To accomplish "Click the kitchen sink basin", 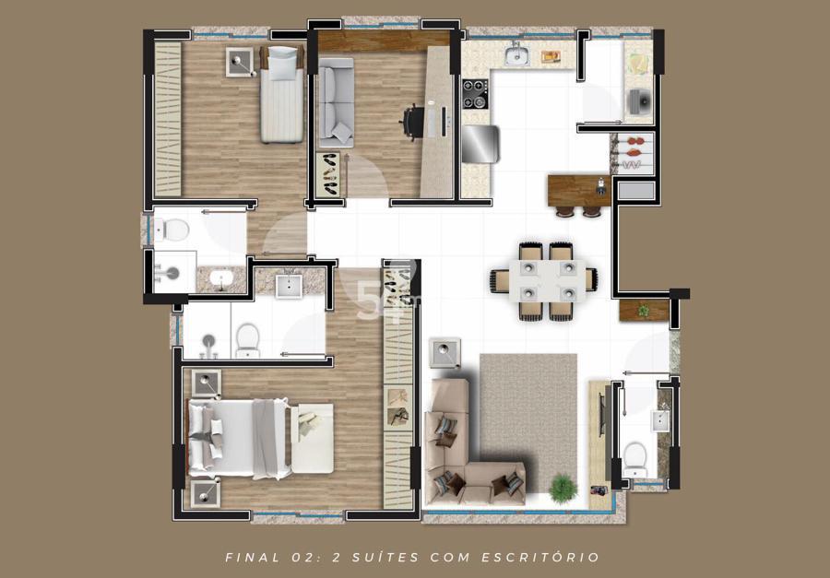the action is point(516,55).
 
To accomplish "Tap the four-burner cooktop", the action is point(475,94).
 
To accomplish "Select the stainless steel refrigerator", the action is point(480,144).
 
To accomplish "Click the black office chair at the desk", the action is point(412,123).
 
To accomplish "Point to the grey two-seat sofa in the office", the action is point(336,102).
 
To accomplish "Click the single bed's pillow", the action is point(283,55).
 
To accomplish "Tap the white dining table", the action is point(547,280).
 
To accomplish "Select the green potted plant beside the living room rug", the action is point(563,488).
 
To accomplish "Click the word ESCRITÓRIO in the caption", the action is point(540,558).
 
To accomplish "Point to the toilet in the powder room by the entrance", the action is point(634,458).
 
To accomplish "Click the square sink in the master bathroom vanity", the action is point(289,287).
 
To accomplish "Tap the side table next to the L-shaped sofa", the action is point(445,353).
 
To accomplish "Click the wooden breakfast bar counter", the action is point(579,191).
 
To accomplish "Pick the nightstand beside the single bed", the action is point(239,62).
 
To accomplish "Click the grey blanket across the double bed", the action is point(266,438).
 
